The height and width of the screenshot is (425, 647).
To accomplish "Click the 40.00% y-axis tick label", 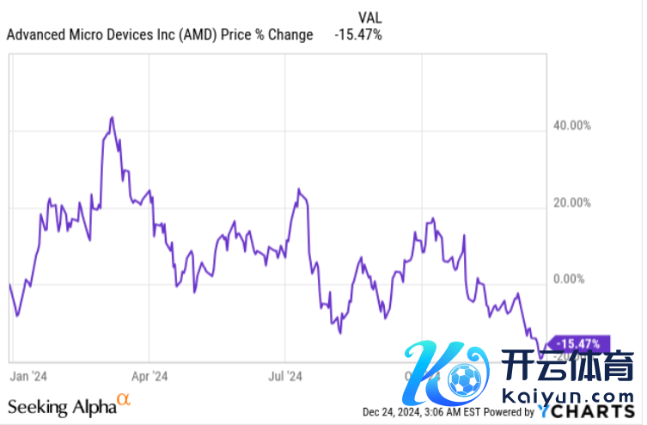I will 572,126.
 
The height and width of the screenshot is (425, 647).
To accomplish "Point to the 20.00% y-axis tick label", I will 572,203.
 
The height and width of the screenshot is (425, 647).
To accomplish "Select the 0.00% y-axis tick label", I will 569,280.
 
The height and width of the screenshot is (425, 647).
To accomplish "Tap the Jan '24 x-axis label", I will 28,376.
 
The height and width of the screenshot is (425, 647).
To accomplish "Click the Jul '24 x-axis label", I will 286,376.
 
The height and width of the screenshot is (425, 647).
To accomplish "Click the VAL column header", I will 369,16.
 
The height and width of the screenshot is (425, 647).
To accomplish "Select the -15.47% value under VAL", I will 358,35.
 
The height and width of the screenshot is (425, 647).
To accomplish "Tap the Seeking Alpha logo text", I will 61,407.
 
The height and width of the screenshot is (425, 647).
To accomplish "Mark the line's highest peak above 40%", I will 112,117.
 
